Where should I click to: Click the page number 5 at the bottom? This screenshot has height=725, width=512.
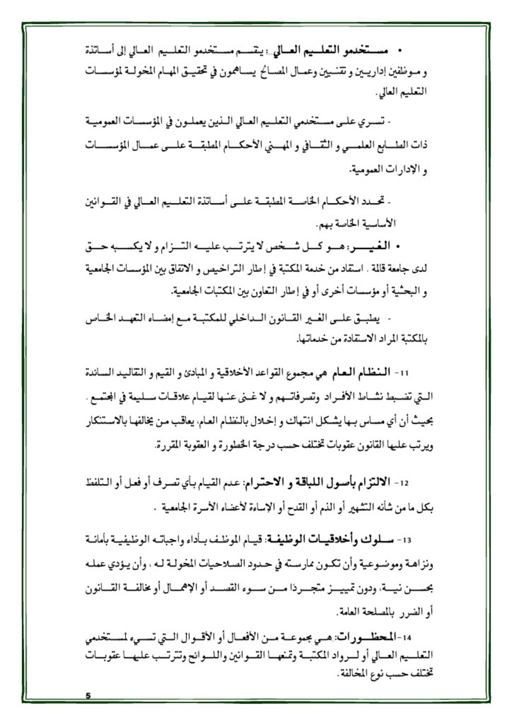tap(88, 695)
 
